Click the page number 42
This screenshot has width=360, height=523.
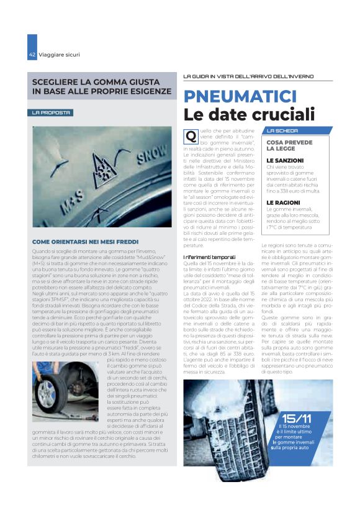pos(32,55)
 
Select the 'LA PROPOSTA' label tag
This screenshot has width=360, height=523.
pos(52,112)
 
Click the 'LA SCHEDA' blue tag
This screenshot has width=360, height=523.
pos(282,131)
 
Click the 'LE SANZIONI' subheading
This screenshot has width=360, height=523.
pos(285,160)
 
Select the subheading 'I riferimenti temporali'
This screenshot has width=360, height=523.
pos(209,257)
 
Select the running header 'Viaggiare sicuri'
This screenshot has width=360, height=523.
pos(59,55)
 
